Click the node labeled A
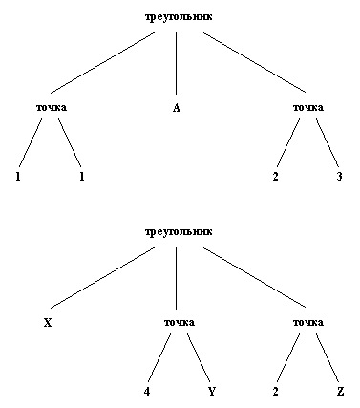pos(177,108)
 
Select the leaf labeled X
pos(47,322)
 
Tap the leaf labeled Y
pos(211,391)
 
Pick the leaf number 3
pos(339,177)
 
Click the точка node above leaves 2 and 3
pos(307,108)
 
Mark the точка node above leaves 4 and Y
pos(179,322)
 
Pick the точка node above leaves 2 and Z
pos(307,322)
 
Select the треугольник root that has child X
pos(179,231)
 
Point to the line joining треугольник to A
pos(178,62)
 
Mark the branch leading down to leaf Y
pos(198,358)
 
